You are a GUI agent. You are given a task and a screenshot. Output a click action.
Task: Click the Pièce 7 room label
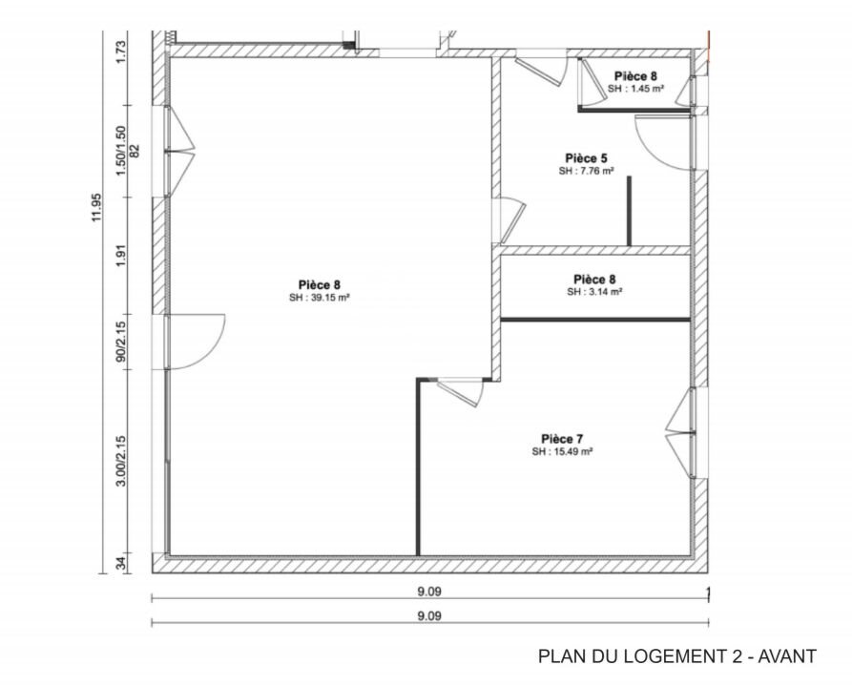point(562,438)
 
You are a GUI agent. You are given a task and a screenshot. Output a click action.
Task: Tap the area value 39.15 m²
point(319,297)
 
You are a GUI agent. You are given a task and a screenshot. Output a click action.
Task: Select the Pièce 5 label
point(585,158)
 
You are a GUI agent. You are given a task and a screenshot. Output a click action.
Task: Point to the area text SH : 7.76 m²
point(585,172)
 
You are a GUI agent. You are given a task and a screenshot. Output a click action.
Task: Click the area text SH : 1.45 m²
point(634,88)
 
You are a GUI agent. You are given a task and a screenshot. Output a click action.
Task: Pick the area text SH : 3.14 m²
point(594,292)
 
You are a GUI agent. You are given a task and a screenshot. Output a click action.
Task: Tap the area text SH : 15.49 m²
point(563,451)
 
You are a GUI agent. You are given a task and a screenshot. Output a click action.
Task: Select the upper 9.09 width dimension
point(429,592)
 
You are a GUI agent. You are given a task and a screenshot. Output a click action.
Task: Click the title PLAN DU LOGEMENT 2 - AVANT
point(676,656)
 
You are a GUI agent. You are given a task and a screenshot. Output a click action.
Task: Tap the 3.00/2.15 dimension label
point(121,461)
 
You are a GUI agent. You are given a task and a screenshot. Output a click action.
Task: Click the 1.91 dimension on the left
point(121,257)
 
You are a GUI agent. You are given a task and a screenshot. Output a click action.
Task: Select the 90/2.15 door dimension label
point(121,341)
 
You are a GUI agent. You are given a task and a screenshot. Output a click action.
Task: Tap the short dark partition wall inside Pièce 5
point(629,211)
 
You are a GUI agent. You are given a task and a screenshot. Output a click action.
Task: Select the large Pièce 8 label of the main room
point(319,284)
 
